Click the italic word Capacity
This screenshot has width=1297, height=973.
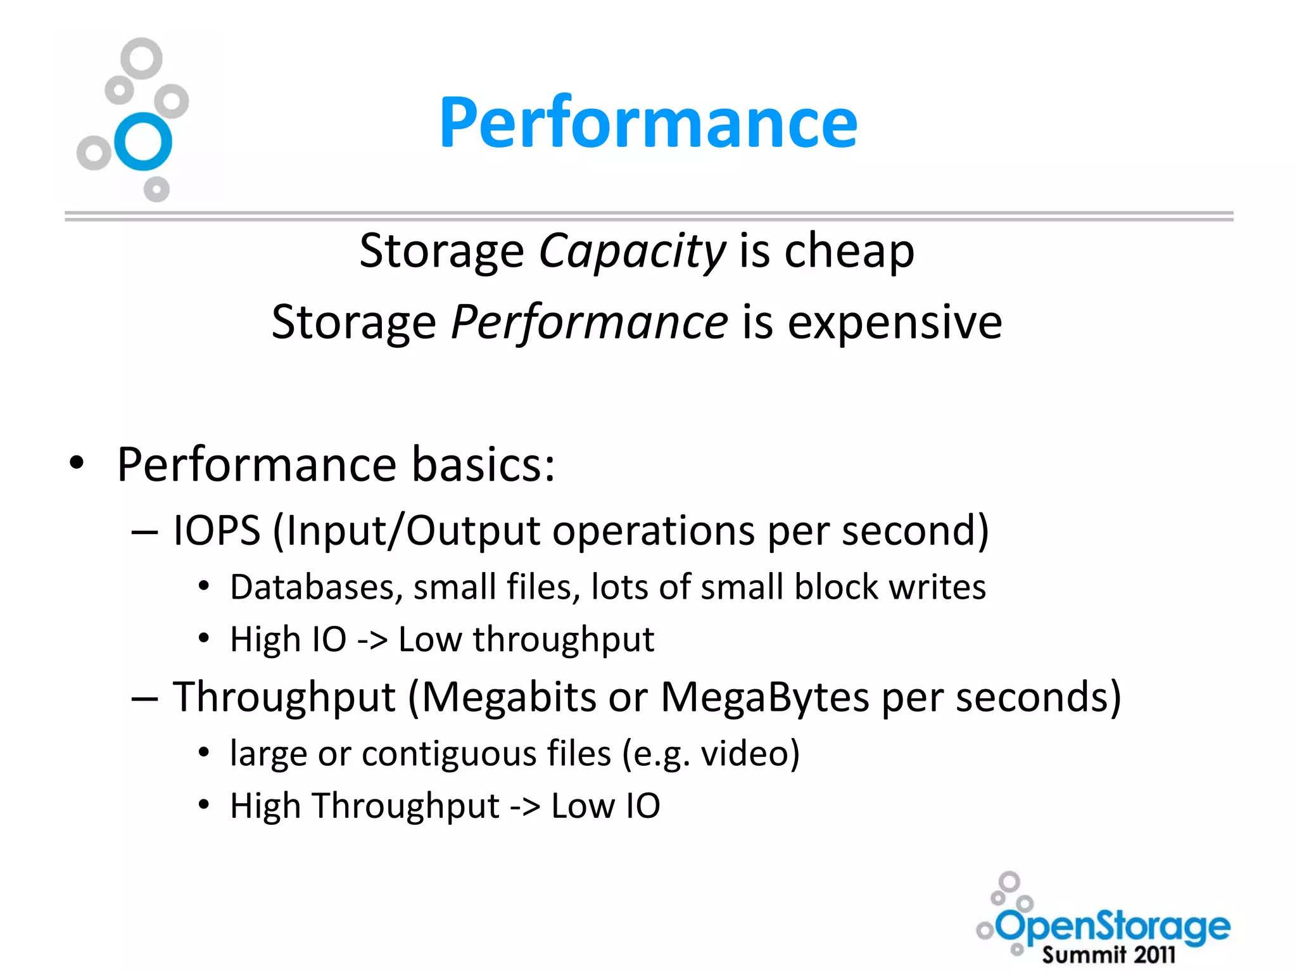click(x=631, y=251)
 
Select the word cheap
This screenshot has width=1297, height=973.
click(x=849, y=251)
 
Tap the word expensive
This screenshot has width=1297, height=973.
click(x=895, y=323)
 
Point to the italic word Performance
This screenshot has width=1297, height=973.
click(x=589, y=323)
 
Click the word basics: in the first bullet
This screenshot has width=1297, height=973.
click(x=483, y=464)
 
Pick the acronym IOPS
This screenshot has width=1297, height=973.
click(x=217, y=530)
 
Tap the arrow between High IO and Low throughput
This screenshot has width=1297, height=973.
click(x=372, y=640)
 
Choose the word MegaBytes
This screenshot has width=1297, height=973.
click(x=765, y=697)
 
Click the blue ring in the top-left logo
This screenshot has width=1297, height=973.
click(x=144, y=142)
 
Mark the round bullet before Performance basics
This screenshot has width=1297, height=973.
click(x=77, y=463)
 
